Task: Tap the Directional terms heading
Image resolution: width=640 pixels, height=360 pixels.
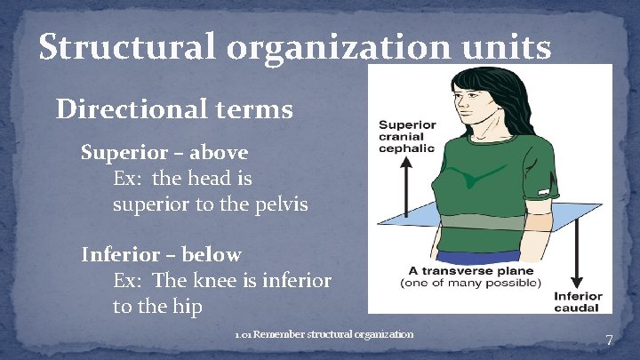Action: click(x=174, y=109)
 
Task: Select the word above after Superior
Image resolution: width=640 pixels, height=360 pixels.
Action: click(x=215, y=152)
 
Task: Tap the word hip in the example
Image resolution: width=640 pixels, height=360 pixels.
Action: click(x=188, y=307)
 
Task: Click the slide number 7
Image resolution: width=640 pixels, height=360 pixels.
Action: click(x=609, y=340)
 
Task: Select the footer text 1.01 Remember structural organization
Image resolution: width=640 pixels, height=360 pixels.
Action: click(x=324, y=335)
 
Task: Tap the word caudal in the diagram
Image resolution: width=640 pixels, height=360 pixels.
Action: click(x=578, y=308)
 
